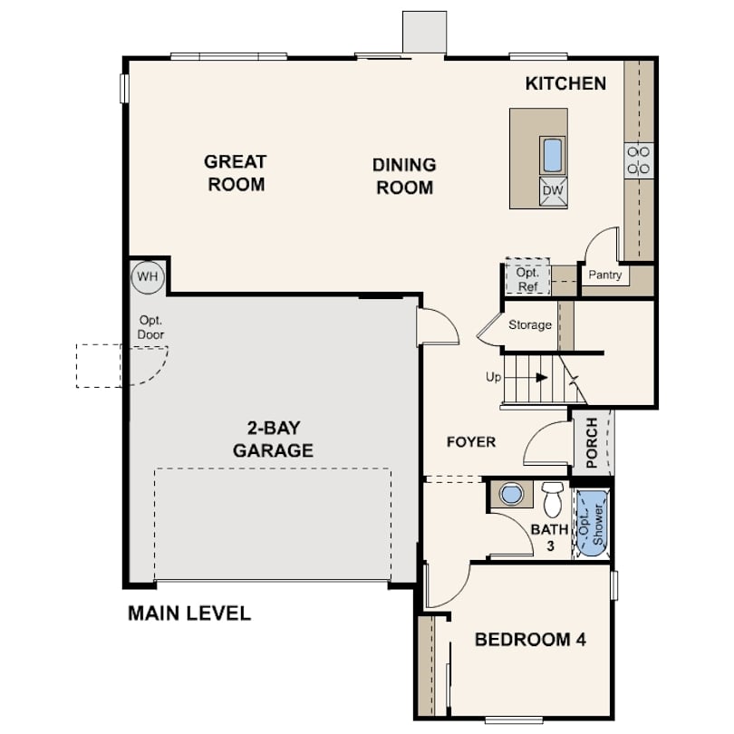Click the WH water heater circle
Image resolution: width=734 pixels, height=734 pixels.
click(148, 277)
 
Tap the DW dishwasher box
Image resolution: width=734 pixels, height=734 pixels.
click(553, 191)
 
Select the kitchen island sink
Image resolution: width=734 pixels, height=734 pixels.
click(553, 156)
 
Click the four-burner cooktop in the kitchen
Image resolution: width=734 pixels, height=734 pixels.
click(639, 160)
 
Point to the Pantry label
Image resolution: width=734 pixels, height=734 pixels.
click(604, 275)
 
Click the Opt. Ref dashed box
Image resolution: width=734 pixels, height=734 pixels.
click(527, 275)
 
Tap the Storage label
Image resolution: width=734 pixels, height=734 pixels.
click(530, 324)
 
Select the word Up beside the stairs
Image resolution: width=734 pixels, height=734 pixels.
click(493, 377)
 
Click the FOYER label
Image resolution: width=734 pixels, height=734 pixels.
click(471, 442)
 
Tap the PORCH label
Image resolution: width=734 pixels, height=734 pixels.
click(592, 443)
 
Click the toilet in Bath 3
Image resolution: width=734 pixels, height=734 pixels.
click(553, 499)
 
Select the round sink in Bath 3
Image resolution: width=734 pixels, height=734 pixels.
click(511, 494)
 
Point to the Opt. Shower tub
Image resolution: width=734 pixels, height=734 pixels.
click(592, 523)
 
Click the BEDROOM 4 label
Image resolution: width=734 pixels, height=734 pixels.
click(530, 640)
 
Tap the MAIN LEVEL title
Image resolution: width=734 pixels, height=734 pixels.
click(189, 613)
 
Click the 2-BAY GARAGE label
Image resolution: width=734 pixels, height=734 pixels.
click(274, 439)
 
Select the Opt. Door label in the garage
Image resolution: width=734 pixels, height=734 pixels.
click(150, 328)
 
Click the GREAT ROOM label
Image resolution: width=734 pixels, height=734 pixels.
click(236, 173)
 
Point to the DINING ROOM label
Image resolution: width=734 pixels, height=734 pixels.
click(404, 176)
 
